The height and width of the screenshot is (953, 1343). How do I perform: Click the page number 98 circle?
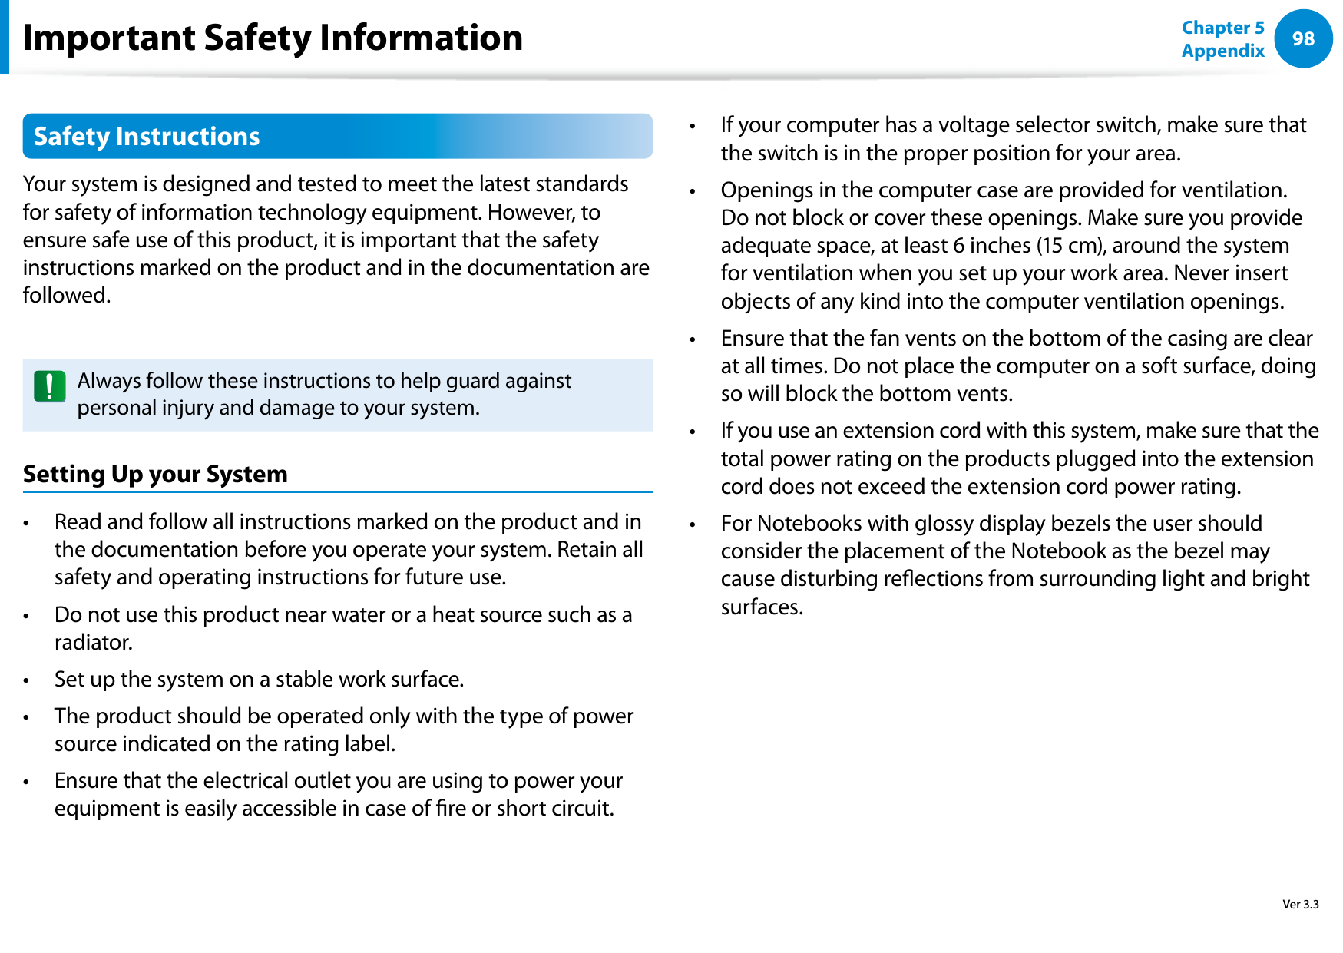tap(1303, 38)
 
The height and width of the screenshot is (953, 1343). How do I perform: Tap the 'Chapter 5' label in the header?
tap(1222, 28)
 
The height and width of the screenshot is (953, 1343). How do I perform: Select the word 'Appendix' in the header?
tap(1222, 51)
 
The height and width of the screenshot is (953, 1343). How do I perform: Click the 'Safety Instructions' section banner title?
tap(147, 137)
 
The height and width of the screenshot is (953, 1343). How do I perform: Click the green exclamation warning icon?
tap(50, 387)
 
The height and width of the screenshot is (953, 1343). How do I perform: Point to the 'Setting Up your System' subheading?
tap(155, 474)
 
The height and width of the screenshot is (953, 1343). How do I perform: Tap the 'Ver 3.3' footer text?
tap(1300, 904)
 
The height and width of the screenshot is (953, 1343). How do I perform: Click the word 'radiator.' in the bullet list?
tap(94, 642)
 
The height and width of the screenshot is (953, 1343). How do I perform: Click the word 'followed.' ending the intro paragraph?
tap(67, 296)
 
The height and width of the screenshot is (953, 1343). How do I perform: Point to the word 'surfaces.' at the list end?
tap(762, 607)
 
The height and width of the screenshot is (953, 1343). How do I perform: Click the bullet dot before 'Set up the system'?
tap(26, 680)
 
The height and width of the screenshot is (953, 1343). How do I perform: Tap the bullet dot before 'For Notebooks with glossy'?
tap(693, 524)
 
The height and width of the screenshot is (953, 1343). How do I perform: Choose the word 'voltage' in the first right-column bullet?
tap(974, 125)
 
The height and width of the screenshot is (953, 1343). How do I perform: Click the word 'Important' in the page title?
tap(109, 38)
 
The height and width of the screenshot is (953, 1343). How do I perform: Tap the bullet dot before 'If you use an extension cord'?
tap(693, 432)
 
